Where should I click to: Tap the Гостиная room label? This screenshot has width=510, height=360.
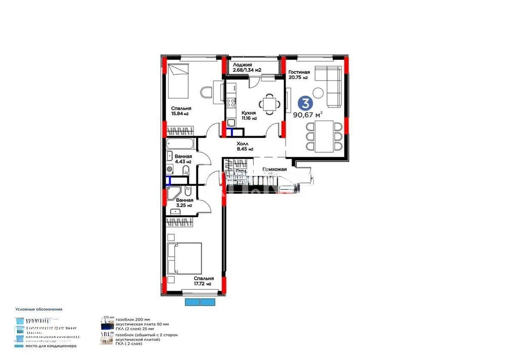[x=299, y=72]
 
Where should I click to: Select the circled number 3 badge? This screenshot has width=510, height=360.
[x=303, y=102]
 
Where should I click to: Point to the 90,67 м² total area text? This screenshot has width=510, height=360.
[x=307, y=114]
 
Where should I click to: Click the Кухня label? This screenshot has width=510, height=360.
[x=248, y=113]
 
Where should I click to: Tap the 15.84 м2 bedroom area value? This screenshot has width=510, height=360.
[x=180, y=114]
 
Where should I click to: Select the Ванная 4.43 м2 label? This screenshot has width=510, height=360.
[x=182, y=159]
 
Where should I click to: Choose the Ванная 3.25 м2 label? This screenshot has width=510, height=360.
[x=184, y=202]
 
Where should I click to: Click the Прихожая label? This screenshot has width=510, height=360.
[x=275, y=169]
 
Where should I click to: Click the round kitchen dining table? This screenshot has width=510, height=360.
[x=269, y=103]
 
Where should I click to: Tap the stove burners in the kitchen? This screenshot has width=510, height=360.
[x=231, y=102]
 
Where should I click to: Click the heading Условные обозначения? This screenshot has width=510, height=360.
[x=38, y=309]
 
